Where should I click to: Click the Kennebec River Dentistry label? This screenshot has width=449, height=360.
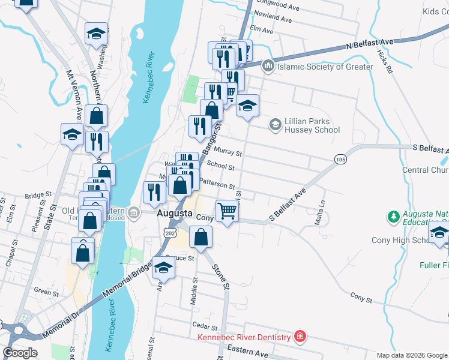245,336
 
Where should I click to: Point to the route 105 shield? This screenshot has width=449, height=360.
341,158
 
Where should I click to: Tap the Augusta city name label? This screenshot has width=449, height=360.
174,214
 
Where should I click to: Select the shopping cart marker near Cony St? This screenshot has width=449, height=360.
227,211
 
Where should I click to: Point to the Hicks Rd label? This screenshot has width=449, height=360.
385,61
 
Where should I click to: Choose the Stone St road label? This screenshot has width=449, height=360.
221,278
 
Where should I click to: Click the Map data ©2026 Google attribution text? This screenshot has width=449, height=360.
412,355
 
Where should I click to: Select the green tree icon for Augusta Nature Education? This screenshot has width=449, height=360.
393,215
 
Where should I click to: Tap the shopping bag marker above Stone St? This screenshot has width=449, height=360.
200,237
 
